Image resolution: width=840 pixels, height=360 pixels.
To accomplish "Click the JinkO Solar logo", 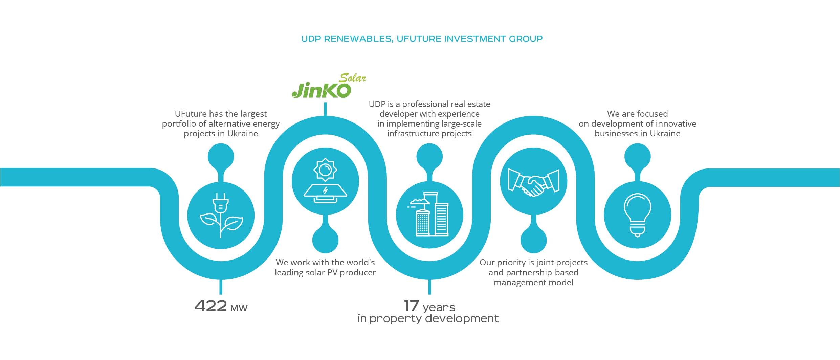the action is click(x=329, y=86).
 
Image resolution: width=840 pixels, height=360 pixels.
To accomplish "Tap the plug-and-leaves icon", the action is click(x=221, y=216).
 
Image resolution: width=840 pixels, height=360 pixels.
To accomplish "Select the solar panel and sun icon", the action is click(x=325, y=181).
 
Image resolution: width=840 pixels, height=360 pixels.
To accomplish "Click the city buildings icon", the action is click(x=428, y=214).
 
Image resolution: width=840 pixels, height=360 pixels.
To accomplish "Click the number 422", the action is click(x=211, y=306).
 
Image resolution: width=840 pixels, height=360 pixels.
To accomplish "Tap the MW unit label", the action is click(x=239, y=308).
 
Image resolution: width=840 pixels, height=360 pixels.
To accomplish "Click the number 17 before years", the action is click(x=412, y=306).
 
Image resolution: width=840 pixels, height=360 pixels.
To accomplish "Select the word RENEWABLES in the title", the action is click(x=358, y=39).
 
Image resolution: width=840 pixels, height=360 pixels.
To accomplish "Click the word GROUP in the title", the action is click(x=526, y=39).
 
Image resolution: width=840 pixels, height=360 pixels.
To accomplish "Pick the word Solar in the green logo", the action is click(x=352, y=78).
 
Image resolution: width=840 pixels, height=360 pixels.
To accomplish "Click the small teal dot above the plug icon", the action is click(x=221, y=156).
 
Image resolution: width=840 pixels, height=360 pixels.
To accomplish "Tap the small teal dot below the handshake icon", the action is click(x=533, y=240).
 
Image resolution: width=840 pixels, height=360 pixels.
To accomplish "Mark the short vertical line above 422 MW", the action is click(x=221, y=287).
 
